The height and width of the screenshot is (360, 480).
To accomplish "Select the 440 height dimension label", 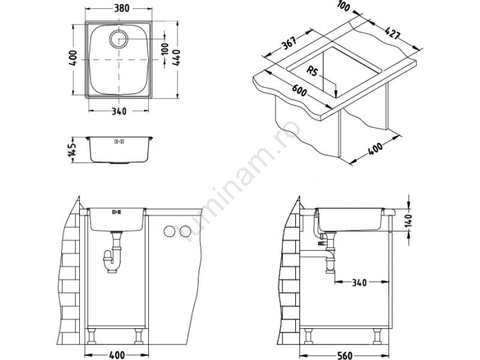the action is point(176,57).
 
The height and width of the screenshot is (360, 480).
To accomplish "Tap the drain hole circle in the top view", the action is point(118,39).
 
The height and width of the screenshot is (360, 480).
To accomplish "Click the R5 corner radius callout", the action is point(312,71).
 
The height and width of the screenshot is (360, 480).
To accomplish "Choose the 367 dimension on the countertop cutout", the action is point(289,43).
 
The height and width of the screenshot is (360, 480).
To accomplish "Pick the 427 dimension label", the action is point(392,33).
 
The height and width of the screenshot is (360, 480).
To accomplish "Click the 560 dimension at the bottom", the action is point(344,355).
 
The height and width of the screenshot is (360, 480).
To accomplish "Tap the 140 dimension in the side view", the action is point(409,220).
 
